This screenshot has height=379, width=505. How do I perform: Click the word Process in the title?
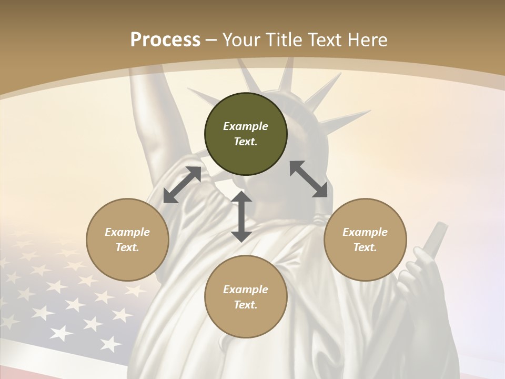coord(165,40)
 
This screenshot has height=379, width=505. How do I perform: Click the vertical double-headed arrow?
coord(241,216)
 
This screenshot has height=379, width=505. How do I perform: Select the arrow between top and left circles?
coord(182,185)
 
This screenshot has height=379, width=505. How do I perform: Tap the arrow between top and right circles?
coord(308,179)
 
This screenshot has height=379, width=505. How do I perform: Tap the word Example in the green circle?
coord(246,126)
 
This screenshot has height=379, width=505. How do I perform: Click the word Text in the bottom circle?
coord(245,305)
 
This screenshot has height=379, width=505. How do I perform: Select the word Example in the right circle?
coord(365,232)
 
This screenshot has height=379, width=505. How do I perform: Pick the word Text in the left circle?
coord(127,247)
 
